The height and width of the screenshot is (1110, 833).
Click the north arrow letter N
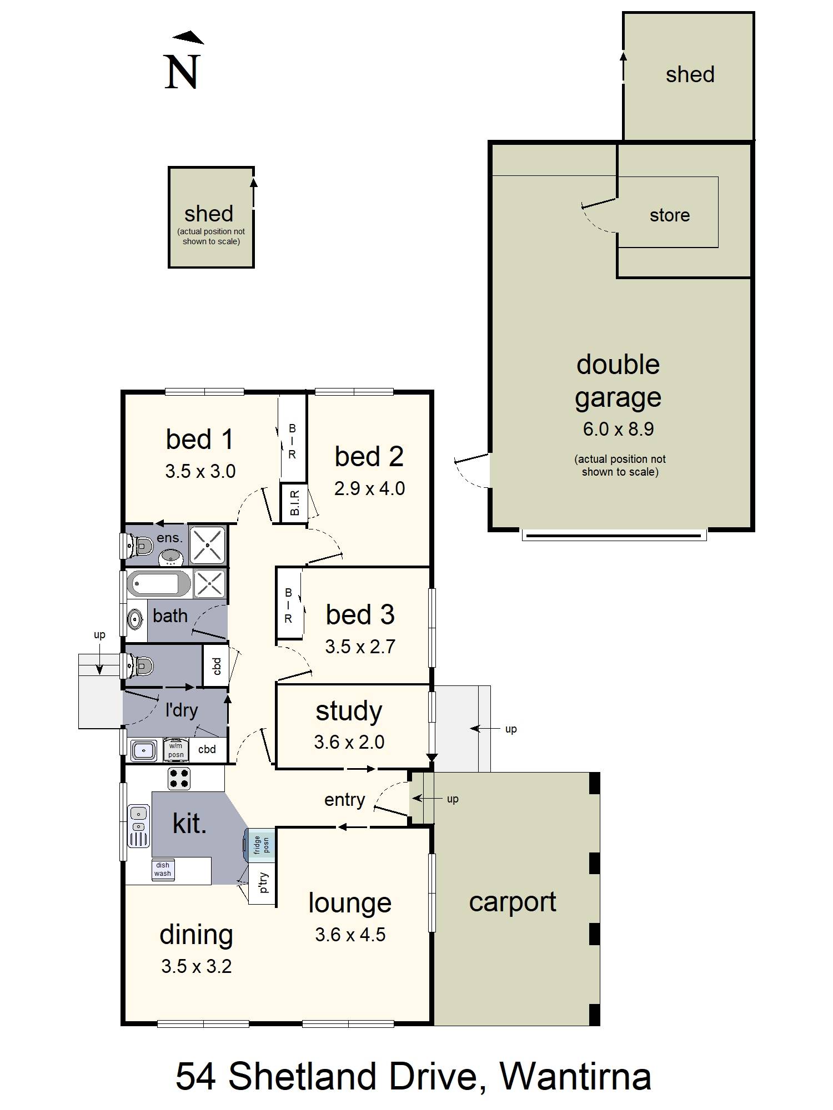[182, 72]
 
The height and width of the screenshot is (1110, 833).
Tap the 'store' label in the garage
[670, 215]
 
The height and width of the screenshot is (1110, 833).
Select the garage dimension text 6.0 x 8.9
[618, 429]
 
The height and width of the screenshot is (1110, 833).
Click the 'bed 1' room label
[199, 439]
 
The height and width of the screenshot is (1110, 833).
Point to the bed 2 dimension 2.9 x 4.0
[369, 488]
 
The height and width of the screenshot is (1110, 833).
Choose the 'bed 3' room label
[360, 614]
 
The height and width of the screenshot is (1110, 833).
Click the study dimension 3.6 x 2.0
[349, 742]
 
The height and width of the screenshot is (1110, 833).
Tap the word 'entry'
[345, 800]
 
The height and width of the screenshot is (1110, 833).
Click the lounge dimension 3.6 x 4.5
[350, 935]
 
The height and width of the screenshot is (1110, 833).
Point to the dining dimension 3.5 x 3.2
[197, 966]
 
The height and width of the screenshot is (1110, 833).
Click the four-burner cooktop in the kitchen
[179, 778]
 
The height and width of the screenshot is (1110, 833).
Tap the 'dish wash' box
[163, 869]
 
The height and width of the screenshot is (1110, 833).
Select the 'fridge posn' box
[260, 845]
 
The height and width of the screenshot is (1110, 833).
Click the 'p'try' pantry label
[263, 882]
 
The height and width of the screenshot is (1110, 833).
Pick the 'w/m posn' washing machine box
[176, 750]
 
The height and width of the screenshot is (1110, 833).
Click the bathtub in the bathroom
[159, 584]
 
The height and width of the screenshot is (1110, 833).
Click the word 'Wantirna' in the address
[575, 1077]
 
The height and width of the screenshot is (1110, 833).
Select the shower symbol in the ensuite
[208, 545]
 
